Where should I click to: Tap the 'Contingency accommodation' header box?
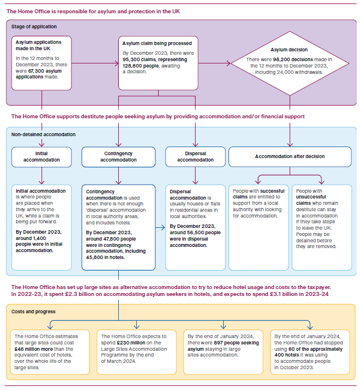point(118,156)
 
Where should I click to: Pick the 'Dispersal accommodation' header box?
point(195,156)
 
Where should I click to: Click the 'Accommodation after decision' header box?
point(290,156)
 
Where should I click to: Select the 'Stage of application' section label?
point(34,27)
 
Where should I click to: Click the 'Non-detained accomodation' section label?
point(43,134)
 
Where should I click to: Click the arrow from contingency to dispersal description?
point(160,227)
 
